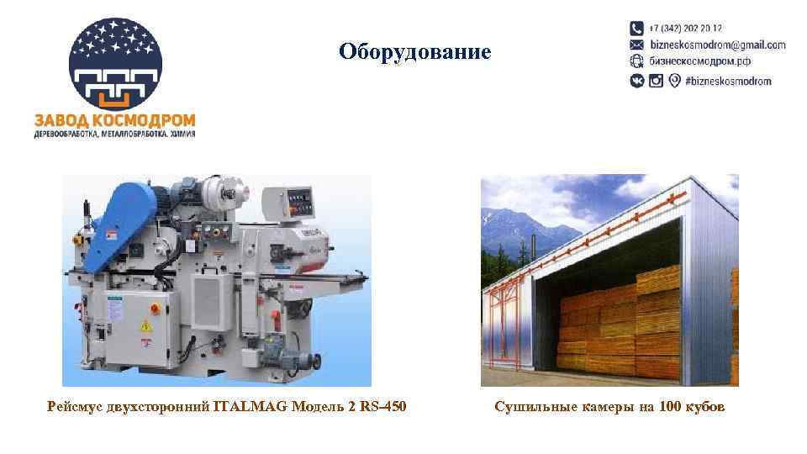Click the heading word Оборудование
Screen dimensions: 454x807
tap(414, 52)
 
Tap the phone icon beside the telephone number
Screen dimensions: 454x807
tap(637, 28)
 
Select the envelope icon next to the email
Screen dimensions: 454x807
tap(637, 45)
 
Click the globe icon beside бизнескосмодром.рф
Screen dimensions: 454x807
tap(637, 61)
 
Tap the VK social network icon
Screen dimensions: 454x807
tap(637, 81)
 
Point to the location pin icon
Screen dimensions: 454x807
tap(674, 81)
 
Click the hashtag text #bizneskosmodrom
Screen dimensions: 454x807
tap(728, 81)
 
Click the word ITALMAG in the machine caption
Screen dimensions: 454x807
tap(251, 408)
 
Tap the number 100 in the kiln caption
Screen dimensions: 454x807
tap(670, 408)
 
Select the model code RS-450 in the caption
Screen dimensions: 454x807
tap(379, 408)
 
